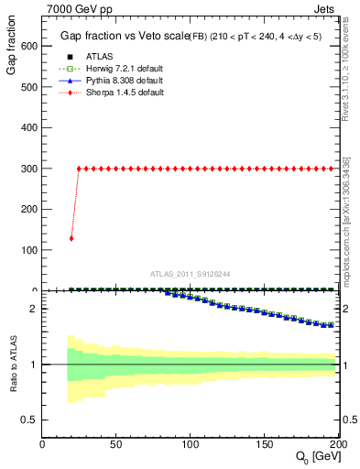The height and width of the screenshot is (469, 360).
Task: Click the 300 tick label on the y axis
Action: (x=27, y=169)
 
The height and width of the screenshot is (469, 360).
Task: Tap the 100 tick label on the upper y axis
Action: (x=27, y=250)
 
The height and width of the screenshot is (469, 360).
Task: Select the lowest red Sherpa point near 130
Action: (x=71, y=238)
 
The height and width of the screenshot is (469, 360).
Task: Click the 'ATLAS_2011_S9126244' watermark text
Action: (x=191, y=273)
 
